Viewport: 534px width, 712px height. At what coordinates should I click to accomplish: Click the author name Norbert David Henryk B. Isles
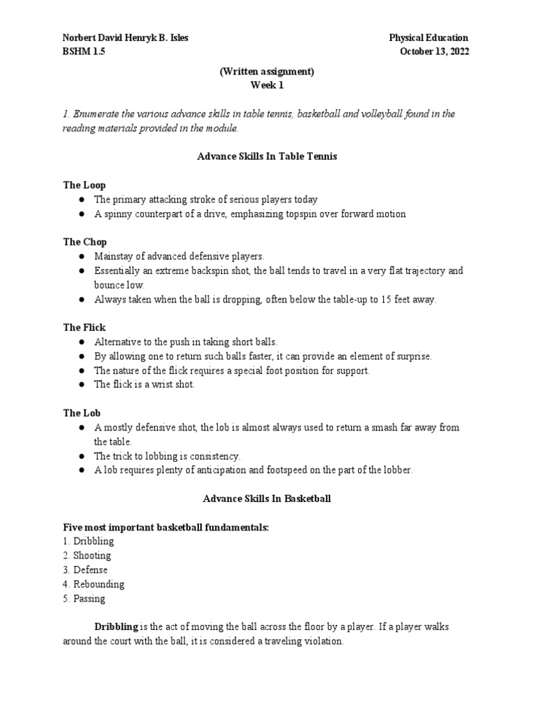(126, 38)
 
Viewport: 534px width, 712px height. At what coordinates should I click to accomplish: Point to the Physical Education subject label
(428, 38)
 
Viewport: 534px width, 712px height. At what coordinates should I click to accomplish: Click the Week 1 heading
(267, 86)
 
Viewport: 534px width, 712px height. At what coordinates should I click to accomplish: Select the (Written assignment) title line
(267, 72)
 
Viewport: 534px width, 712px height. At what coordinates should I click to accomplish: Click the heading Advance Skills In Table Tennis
(267, 156)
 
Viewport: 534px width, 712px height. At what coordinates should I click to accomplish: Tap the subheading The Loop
(85, 186)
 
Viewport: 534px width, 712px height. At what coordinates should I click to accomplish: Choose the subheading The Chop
(85, 242)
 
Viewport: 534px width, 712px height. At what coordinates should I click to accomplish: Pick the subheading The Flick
(85, 327)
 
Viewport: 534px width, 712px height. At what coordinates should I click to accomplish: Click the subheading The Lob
(82, 413)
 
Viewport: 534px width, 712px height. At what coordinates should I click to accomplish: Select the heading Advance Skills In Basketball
(267, 499)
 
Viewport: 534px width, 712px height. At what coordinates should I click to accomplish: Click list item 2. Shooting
(87, 556)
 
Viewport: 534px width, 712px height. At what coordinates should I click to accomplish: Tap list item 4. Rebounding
(94, 584)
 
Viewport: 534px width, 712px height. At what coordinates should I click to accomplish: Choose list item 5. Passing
(84, 599)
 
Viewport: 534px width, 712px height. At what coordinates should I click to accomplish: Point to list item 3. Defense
(86, 570)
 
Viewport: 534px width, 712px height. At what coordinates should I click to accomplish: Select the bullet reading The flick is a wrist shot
(144, 385)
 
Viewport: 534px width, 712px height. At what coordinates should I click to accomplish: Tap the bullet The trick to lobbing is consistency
(167, 456)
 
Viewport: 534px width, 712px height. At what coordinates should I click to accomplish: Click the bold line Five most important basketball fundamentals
(165, 528)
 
